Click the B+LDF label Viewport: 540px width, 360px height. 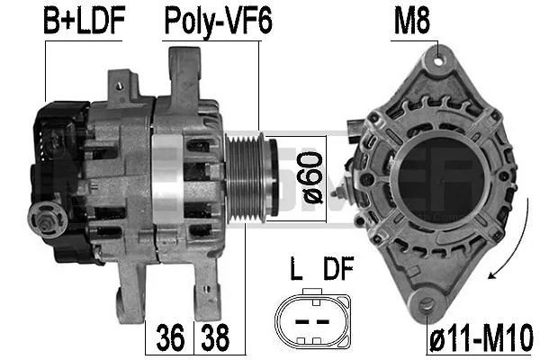(x=84, y=21)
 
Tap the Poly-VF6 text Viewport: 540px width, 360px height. (x=219, y=22)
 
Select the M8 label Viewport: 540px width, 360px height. (x=412, y=21)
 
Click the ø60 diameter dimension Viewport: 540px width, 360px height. (x=312, y=178)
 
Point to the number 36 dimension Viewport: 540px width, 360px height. (x=170, y=338)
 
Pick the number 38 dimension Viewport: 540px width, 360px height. (x=215, y=338)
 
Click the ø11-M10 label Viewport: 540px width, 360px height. (x=481, y=338)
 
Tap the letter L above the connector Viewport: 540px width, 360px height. (x=296, y=268)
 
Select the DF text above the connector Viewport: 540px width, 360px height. (x=338, y=268)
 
